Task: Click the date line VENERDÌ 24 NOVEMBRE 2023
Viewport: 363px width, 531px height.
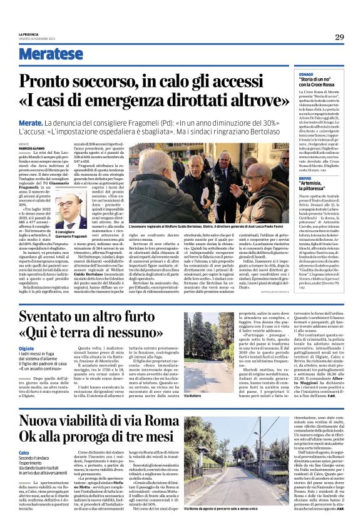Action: coord(38,38)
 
